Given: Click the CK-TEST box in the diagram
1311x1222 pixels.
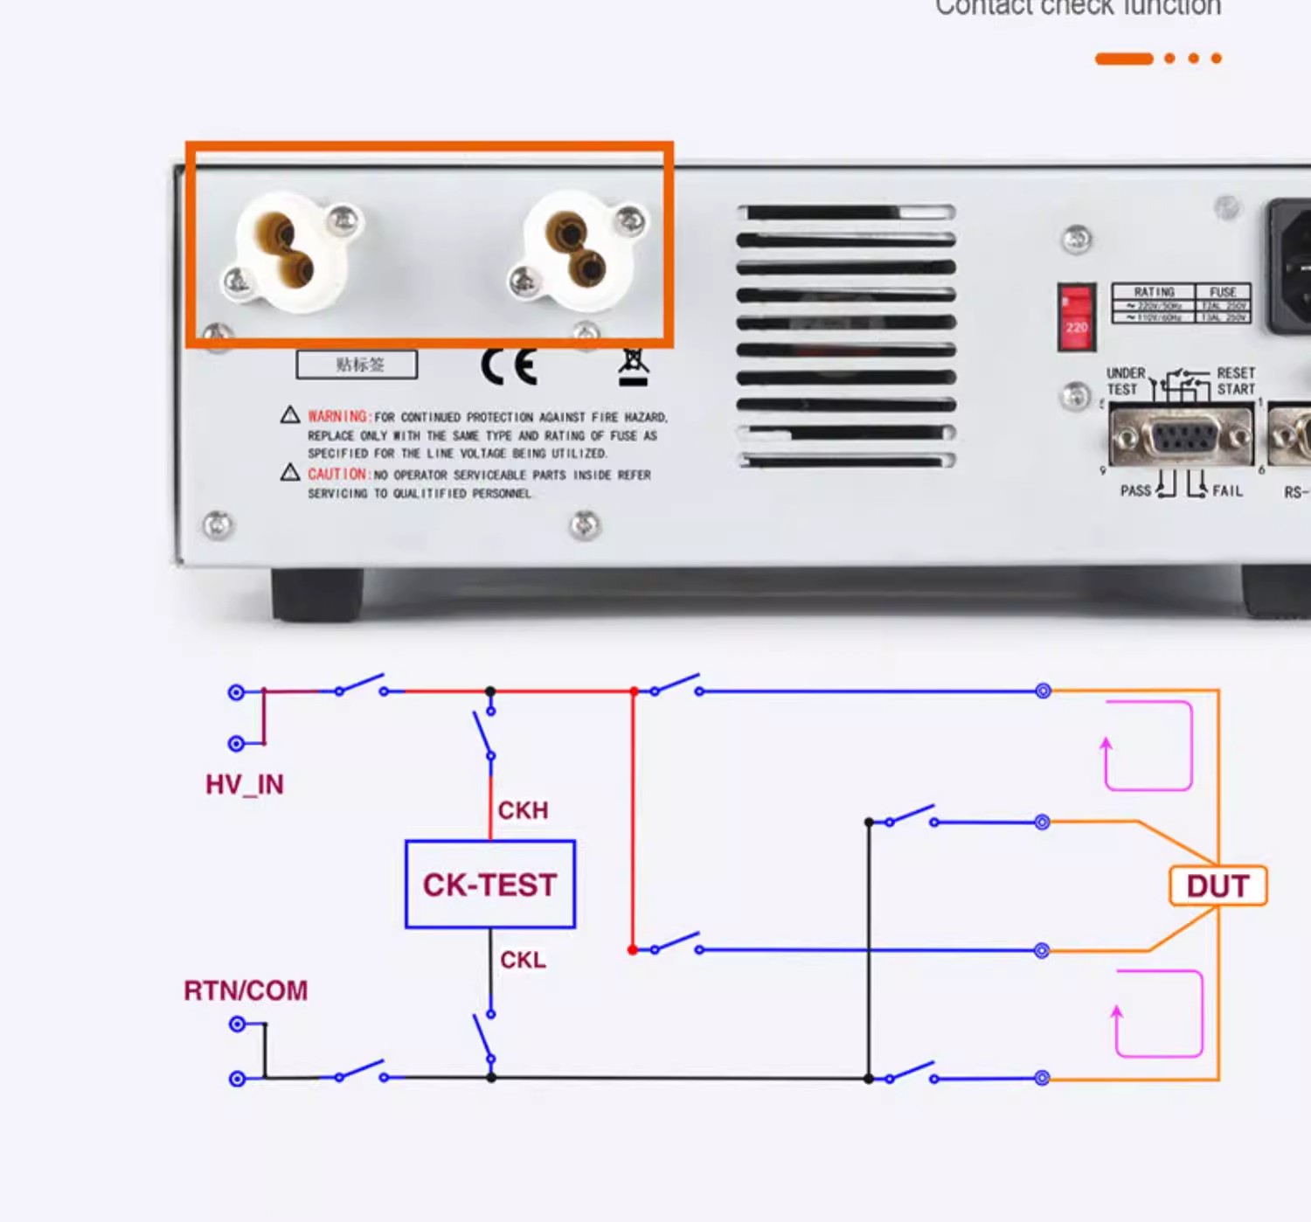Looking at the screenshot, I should tap(489, 885).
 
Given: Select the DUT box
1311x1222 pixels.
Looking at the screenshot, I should tap(1217, 885).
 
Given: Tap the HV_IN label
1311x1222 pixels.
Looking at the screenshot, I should tap(245, 784).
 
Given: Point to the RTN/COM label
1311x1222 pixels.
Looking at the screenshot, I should tap(246, 990).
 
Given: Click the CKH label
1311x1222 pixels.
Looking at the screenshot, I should tap(523, 810).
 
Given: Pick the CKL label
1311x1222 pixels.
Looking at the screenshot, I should tap(523, 960).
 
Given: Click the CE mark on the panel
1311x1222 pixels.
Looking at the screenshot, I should tap(509, 366).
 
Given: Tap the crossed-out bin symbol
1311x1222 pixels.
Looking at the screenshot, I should tap(634, 367).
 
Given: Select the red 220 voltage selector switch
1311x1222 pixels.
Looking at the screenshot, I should tap(1076, 316).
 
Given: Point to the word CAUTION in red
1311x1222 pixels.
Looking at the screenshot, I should tap(337, 474).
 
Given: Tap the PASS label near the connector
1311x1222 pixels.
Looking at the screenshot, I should tap(1135, 490).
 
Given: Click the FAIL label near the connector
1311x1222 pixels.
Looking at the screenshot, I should tap(1227, 490).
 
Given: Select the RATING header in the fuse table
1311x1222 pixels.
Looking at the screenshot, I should tap(1154, 292).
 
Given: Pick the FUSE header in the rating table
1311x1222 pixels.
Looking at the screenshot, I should tap(1223, 292).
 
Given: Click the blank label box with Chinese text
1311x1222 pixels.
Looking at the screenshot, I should tap(357, 365).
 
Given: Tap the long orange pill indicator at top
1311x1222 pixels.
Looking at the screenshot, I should tap(1124, 59).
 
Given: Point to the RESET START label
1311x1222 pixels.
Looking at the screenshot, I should tap(1236, 381).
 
